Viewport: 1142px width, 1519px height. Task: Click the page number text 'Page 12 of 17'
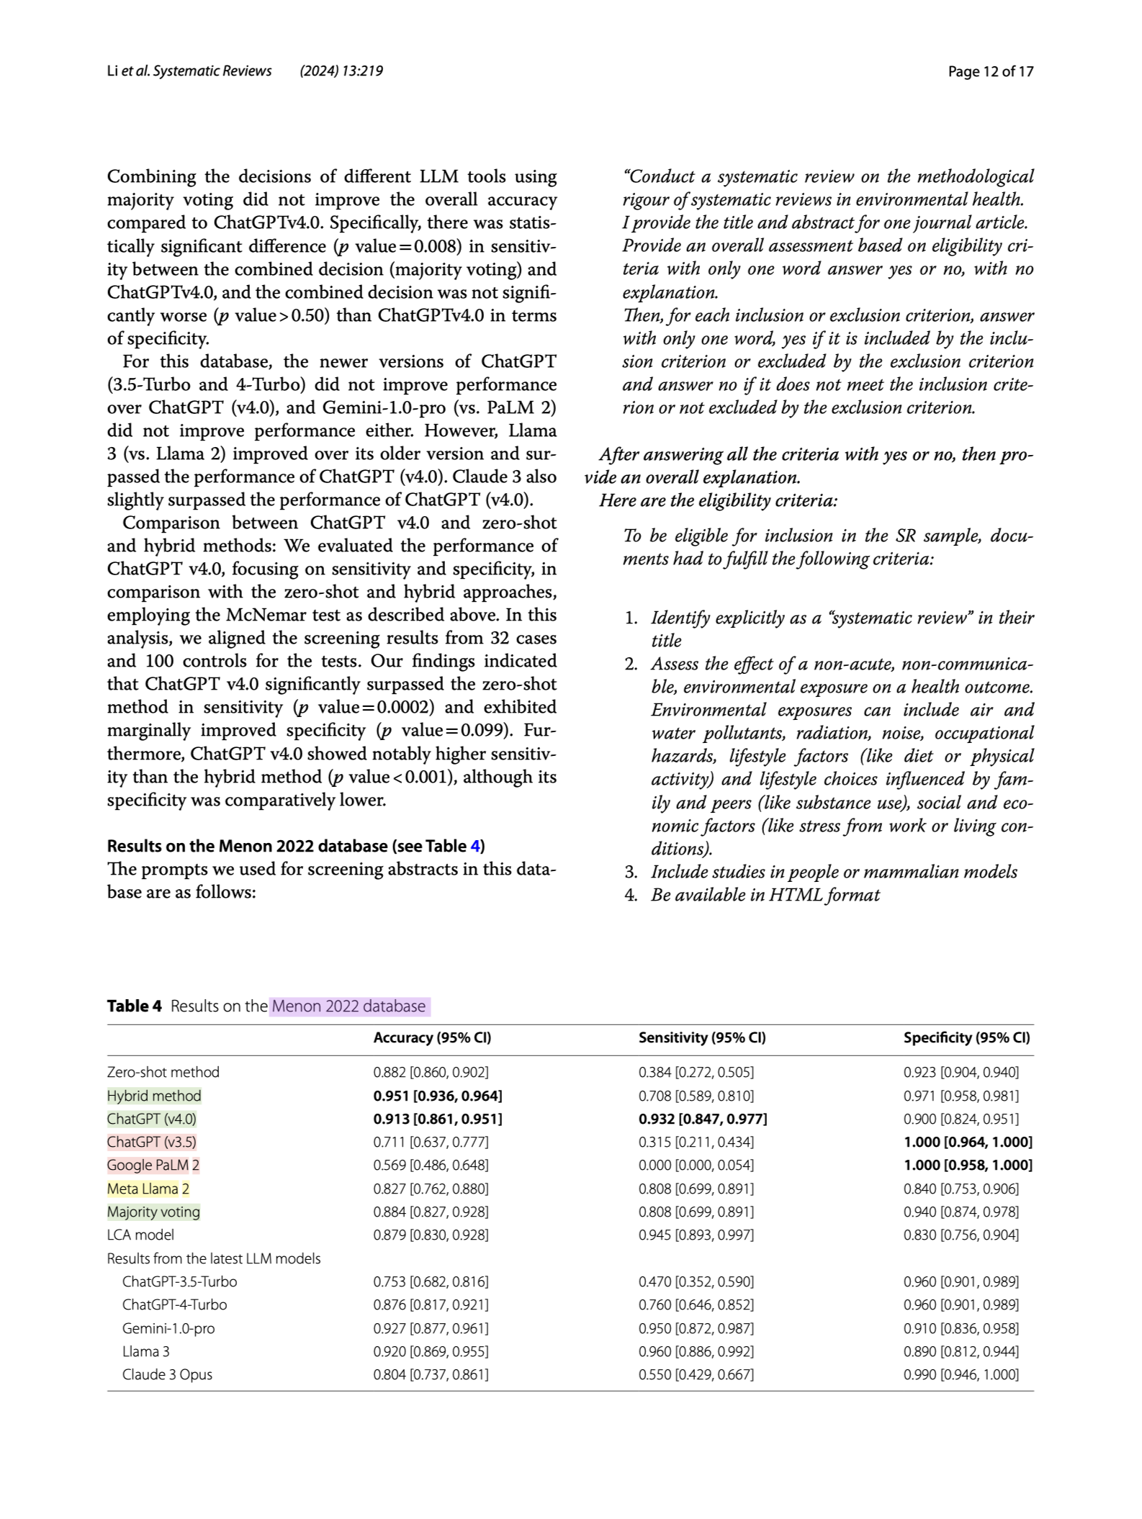click(x=990, y=71)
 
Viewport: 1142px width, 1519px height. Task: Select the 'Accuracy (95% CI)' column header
click(x=432, y=1037)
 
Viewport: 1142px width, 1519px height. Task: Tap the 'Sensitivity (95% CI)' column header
click(x=702, y=1037)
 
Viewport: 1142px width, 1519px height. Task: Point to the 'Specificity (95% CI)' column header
click(x=966, y=1037)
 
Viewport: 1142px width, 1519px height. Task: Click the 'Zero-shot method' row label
click(x=163, y=1072)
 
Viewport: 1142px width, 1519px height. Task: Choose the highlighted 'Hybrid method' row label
click(x=154, y=1096)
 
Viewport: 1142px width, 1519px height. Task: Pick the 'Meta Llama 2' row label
click(x=148, y=1189)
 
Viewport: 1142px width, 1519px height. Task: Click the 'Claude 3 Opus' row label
click(x=167, y=1374)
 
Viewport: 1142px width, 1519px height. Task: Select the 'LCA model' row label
click(x=140, y=1235)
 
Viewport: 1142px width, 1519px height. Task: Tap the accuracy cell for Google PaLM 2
click(x=431, y=1165)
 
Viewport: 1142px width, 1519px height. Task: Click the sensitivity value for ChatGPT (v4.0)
click(x=703, y=1119)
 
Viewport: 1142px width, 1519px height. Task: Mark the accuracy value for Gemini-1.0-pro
click(x=431, y=1328)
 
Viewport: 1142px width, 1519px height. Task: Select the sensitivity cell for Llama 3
click(x=696, y=1351)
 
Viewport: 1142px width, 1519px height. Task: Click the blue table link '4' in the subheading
click(x=475, y=846)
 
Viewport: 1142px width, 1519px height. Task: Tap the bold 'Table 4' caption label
click(x=134, y=1006)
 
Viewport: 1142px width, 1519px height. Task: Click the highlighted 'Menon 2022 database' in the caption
click(x=349, y=1006)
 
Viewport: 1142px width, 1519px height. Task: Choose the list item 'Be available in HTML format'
click(x=765, y=895)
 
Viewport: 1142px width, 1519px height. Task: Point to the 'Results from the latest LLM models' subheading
click(x=214, y=1258)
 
